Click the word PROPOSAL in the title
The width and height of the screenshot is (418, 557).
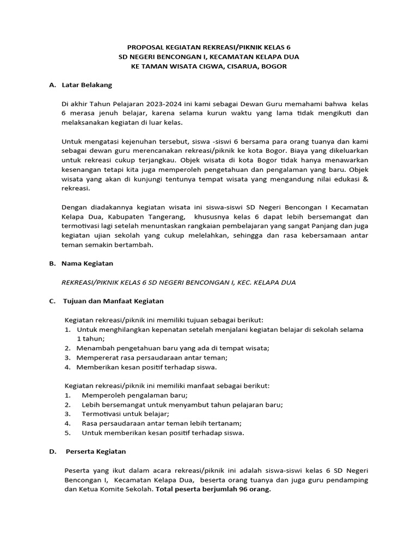pos(144,47)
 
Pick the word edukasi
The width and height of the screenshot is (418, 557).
pos(337,178)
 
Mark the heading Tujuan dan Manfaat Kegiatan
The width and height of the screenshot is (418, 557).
pos(114,301)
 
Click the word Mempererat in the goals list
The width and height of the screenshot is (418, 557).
pos(100,357)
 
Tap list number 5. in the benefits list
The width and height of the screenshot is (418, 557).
pos(67,433)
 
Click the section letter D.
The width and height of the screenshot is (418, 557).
pos(52,451)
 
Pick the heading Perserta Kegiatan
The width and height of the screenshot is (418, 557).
pos(96,451)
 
